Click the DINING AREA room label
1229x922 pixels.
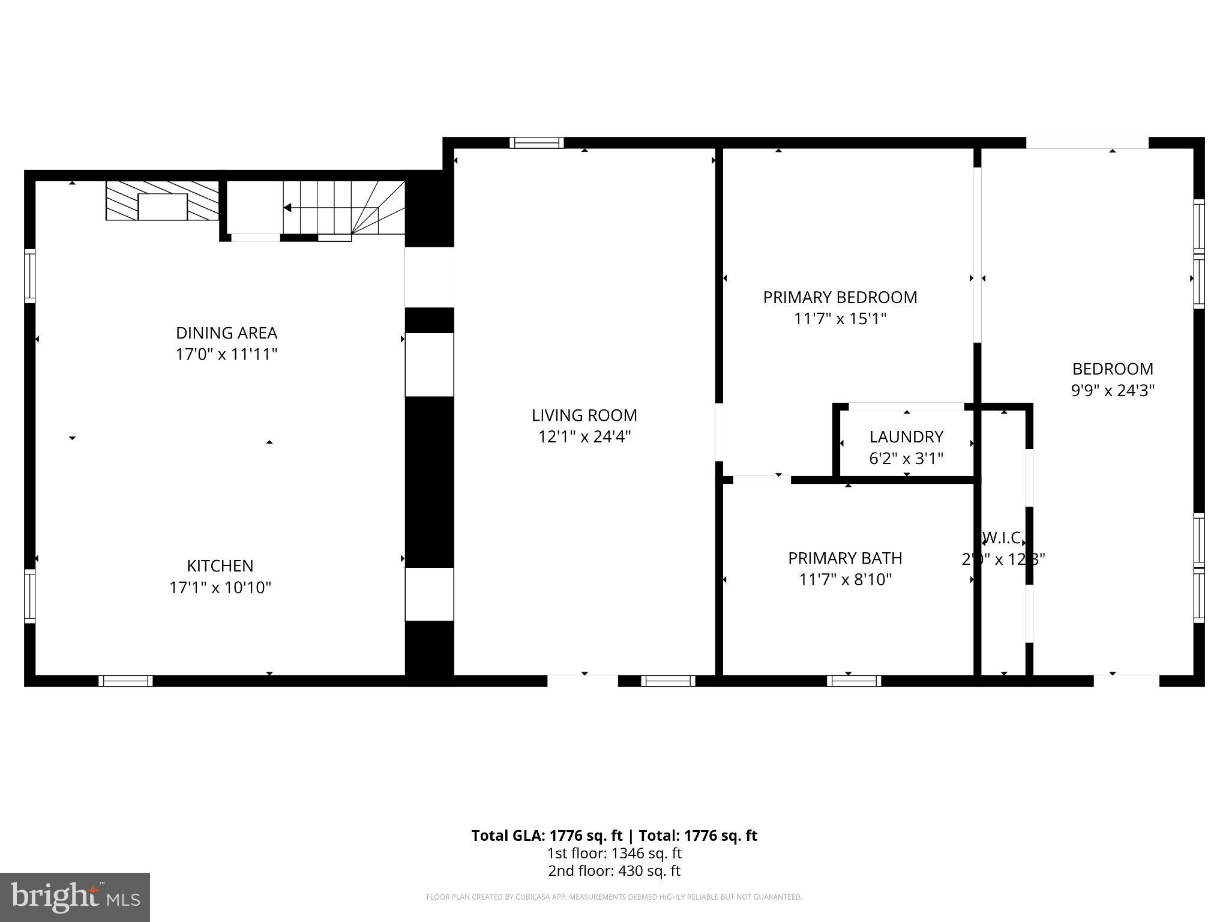pos(226,333)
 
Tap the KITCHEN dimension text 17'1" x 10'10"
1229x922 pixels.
pos(220,587)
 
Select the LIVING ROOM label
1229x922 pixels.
pos(584,415)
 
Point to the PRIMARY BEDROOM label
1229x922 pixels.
pos(840,298)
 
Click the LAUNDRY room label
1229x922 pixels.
pos(906,437)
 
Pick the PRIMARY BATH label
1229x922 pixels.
pos(845,558)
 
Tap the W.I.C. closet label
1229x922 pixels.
pos(1003,538)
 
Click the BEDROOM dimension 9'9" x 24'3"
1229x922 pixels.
pos(1113,391)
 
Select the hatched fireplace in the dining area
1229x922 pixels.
pos(163,201)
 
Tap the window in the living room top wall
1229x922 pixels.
pos(536,143)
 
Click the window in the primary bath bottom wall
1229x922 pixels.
pos(853,681)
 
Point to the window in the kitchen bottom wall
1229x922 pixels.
pos(125,681)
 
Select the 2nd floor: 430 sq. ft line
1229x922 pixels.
pos(614,871)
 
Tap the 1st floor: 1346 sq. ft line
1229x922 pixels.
pos(614,853)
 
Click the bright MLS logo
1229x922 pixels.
pos(75,897)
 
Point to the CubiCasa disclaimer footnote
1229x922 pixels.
pos(614,897)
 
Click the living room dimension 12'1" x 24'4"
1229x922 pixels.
pos(584,437)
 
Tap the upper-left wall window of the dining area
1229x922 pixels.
pos(29,276)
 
